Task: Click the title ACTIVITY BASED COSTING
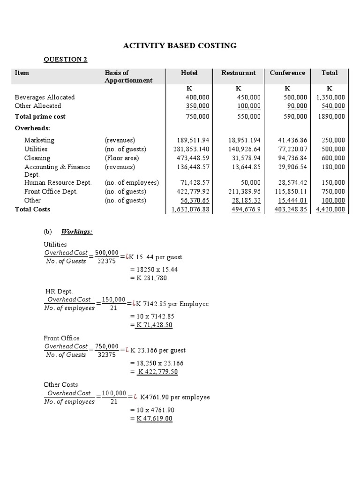pyautogui.click(x=180, y=45)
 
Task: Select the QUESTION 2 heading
pyautogui.click(x=65, y=59)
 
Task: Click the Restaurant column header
pyautogui.click(x=238, y=73)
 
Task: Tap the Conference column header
pyautogui.click(x=287, y=73)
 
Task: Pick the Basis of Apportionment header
pyautogui.click(x=128, y=76)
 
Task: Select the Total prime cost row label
pyautogui.click(x=40, y=116)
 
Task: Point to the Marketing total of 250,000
pyautogui.click(x=333, y=140)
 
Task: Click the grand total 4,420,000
pyautogui.click(x=330, y=210)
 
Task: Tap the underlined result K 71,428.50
pyautogui.click(x=153, y=325)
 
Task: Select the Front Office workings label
pyautogui.click(x=61, y=338)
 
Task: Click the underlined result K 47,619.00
pyautogui.click(x=154, y=419)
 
